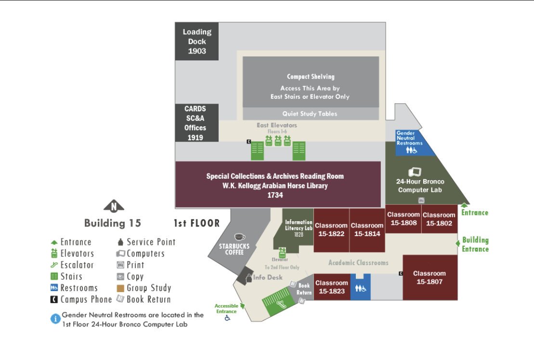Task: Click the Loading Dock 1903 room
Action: coord(197,41)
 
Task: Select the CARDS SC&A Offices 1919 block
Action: coord(197,123)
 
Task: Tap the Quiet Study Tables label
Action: coord(310,114)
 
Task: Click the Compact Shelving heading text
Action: coord(311,77)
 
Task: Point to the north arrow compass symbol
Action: coord(114,206)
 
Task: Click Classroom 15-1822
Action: coord(331,230)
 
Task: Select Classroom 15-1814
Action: coord(367,230)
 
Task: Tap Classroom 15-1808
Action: coord(404,219)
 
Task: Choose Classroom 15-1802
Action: coord(439,219)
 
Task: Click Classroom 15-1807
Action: coord(430,278)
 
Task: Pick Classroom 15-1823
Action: coord(332,287)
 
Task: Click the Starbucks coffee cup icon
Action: coord(239,237)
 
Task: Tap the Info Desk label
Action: coord(268,278)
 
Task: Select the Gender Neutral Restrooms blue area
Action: coord(412,143)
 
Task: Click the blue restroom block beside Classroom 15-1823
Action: coord(361,288)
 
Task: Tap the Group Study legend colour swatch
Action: coord(120,288)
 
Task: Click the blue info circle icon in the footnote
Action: coord(55,319)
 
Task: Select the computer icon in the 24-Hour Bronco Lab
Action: coord(415,172)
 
